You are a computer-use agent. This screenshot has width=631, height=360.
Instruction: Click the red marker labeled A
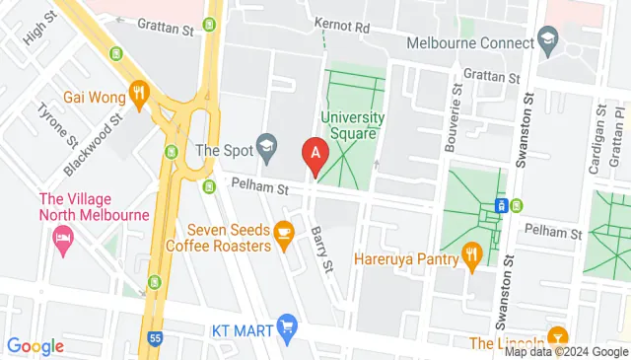point(315,155)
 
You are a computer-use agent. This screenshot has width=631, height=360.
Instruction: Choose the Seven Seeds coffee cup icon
point(284,234)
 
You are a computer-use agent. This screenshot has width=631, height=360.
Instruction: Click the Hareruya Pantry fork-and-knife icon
point(472,256)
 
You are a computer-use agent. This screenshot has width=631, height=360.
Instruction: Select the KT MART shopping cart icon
point(287,325)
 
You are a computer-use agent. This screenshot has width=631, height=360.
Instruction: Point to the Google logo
point(35,346)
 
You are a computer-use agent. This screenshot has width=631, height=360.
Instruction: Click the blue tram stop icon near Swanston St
point(501,205)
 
